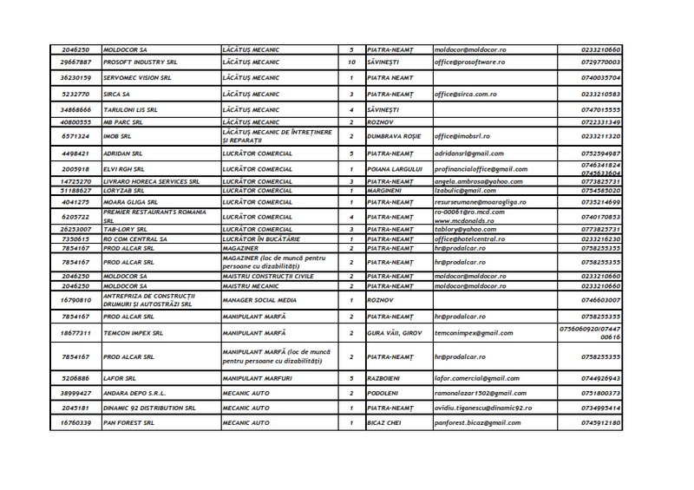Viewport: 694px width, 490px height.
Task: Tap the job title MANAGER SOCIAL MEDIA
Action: [261, 299]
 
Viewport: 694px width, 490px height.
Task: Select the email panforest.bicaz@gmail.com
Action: [481, 422]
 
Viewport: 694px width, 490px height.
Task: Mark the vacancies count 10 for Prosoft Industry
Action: [351, 63]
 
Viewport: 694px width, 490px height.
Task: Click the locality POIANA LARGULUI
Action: [397, 167]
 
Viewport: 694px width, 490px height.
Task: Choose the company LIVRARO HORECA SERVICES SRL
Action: [151, 181]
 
